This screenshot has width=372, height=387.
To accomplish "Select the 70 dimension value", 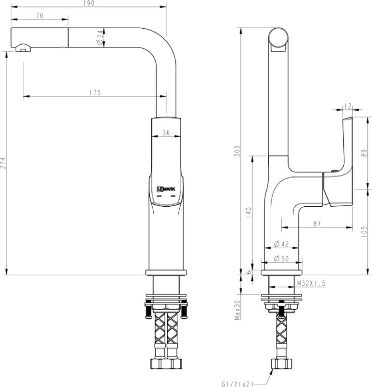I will point(40,16).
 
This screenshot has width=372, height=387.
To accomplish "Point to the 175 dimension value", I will point(95,93).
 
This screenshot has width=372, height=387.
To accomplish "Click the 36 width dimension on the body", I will point(166,133).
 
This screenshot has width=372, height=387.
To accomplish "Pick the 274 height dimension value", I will point(4,164).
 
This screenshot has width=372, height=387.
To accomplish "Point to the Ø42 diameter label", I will point(281,245).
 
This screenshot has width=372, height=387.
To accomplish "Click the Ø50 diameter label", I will point(281,259).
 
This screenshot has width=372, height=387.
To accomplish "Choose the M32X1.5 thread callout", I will point(311,283).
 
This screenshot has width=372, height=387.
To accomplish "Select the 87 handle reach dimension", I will point(317,224).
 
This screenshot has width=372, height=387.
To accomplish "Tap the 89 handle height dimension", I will point(364,153).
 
